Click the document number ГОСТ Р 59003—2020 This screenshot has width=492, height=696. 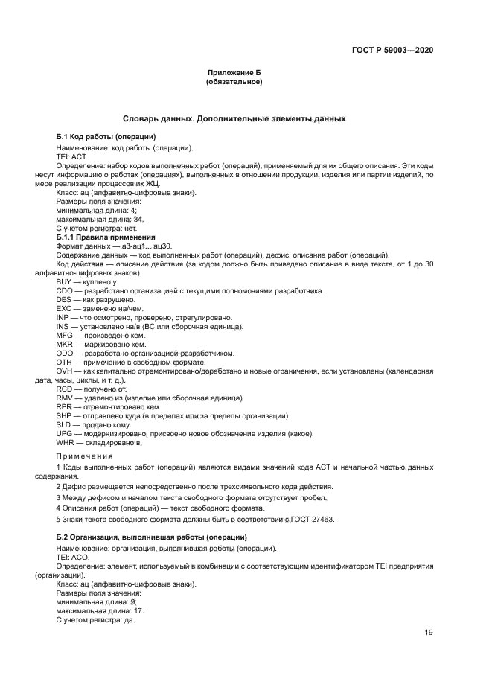(x=392, y=50)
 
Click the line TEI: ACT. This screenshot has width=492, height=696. (x=72, y=159)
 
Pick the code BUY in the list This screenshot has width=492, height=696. (x=65, y=282)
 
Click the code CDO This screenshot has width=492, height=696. (x=65, y=290)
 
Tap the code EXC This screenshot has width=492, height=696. (x=65, y=308)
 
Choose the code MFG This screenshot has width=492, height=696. (x=65, y=335)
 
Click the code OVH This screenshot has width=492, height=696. (x=65, y=371)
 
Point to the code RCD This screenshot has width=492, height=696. (x=65, y=389)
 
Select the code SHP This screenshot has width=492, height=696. (x=65, y=416)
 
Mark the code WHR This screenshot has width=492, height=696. (x=65, y=443)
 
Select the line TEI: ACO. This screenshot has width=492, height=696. (x=73, y=558)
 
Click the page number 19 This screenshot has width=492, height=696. (x=429, y=633)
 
